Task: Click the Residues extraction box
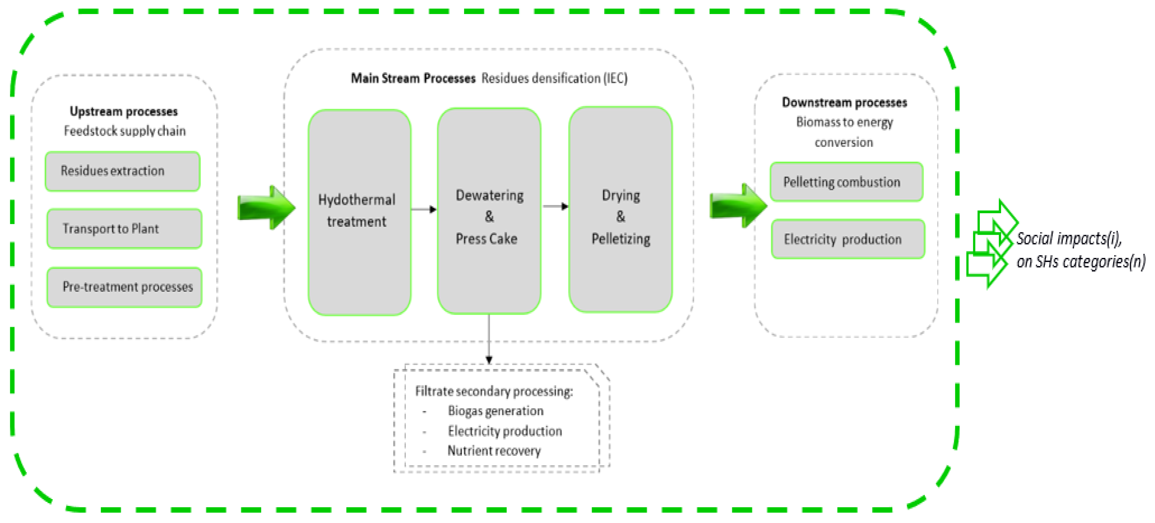coord(122,171)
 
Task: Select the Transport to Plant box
coord(124,229)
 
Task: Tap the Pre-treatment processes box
coord(124,287)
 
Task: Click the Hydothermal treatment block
coord(359,212)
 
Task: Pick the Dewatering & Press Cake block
coord(489,211)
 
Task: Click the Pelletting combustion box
coord(846,182)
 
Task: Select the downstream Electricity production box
coord(847,239)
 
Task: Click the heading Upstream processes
coord(124,111)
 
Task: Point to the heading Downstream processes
coord(844,102)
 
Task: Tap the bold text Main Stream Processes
coord(413,79)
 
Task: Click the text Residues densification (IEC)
coord(554,79)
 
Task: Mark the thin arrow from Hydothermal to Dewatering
coord(423,209)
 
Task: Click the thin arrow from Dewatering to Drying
coord(555,207)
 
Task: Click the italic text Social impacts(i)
coord(1069,239)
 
